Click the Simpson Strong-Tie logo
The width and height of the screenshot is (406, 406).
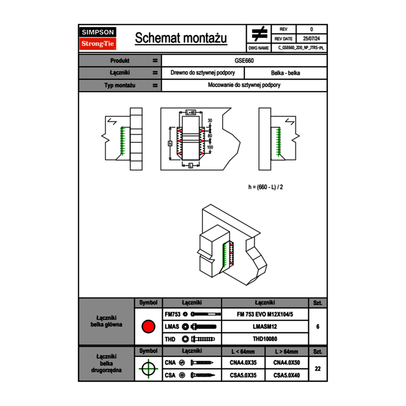[x=98, y=38]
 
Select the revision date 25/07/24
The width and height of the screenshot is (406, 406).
[x=311, y=39]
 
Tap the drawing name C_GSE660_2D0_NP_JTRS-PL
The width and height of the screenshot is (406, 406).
[x=301, y=48]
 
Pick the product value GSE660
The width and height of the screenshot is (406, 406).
[x=245, y=60]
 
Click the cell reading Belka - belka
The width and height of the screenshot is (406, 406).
[x=286, y=73]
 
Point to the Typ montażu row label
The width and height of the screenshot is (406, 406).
[x=120, y=85]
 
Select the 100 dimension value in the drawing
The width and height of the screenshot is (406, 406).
[x=210, y=147]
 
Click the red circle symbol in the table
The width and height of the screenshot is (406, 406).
[x=148, y=327]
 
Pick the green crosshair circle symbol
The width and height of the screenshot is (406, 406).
[x=148, y=369]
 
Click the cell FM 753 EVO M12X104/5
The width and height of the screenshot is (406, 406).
[x=265, y=314]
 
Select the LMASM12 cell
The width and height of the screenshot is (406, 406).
[x=265, y=327]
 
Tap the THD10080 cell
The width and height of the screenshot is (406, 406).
[x=265, y=339]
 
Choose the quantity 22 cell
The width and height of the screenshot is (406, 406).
[x=317, y=369]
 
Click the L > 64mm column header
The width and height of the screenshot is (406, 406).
[x=287, y=352]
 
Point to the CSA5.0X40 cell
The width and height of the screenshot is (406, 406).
[x=287, y=375]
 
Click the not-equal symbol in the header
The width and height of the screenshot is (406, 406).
[x=259, y=33]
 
